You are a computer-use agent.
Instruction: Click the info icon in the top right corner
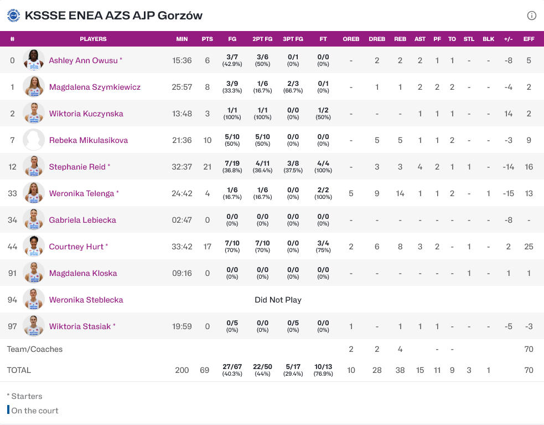(x=532, y=16)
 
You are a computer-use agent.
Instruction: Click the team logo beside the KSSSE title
(x=13, y=16)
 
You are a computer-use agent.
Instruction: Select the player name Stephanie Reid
(x=77, y=167)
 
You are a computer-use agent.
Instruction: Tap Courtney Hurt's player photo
(x=34, y=247)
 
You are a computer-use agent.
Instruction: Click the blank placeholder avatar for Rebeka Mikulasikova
(x=34, y=140)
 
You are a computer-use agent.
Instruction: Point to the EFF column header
(x=529, y=39)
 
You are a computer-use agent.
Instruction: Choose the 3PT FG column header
(x=293, y=39)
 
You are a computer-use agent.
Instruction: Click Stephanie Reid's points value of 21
(x=207, y=167)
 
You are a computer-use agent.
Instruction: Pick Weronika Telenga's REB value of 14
(x=400, y=193)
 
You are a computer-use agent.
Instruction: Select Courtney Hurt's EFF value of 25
(x=529, y=247)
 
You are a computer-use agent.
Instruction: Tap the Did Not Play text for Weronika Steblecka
(x=278, y=300)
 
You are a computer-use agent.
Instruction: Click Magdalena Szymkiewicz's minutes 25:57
(x=182, y=87)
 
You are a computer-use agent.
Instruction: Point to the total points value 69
(x=205, y=370)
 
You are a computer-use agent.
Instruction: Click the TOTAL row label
(x=19, y=370)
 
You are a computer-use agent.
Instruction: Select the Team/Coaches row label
(x=35, y=349)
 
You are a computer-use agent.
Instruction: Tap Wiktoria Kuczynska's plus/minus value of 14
(x=509, y=114)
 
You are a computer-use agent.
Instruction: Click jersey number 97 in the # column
(x=12, y=326)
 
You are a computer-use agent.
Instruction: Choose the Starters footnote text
(x=25, y=396)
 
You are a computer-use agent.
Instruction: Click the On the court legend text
(x=35, y=411)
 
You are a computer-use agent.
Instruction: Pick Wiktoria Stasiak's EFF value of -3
(x=529, y=326)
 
